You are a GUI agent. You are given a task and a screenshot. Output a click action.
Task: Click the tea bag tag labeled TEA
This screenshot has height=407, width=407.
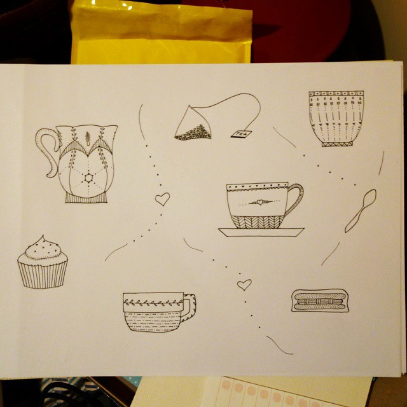pyautogui.click(x=242, y=134)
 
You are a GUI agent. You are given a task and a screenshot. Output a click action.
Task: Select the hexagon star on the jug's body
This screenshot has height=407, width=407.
pyautogui.click(x=86, y=177)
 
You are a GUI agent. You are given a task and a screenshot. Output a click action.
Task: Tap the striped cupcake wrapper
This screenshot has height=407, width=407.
pyautogui.click(x=42, y=273)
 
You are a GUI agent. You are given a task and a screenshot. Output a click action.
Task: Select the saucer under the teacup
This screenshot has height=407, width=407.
pyautogui.click(x=261, y=232)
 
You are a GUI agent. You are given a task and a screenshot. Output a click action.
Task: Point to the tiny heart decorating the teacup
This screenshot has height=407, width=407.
pyautogui.click(x=258, y=202)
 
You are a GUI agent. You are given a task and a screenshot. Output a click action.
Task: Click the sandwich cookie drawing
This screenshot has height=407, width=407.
pyautogui.click(x=320, y=300)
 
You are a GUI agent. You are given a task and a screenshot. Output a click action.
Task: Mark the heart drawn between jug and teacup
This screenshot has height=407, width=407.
pyautogui.click(x=163, y=200)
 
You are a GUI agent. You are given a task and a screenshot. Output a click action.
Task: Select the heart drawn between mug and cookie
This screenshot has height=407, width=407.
pyautogui.click(x=244, y=284)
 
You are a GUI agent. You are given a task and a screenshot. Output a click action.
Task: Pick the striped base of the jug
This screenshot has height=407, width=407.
pyautogui.click(x=86, y=197)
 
